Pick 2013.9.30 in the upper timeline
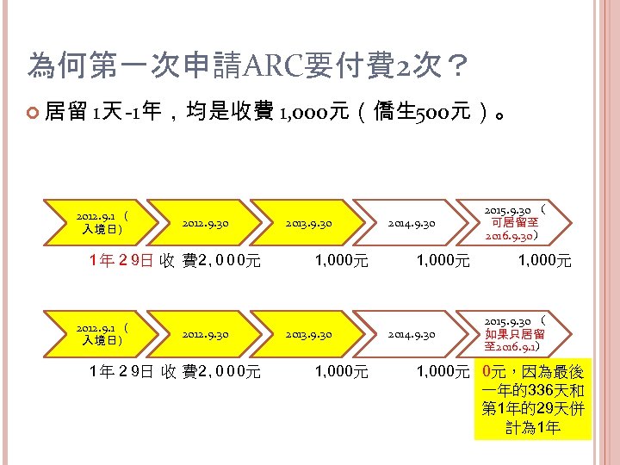[x=308, y=224]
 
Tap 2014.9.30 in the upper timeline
[x=412, y=224]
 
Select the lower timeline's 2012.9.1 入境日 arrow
[x=102, y=334]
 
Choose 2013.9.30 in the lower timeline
[x=308, y=334]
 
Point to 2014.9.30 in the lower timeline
[x=412, y=334]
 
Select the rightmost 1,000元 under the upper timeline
[x=543, y=260]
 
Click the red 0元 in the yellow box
[x=495, y=372]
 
